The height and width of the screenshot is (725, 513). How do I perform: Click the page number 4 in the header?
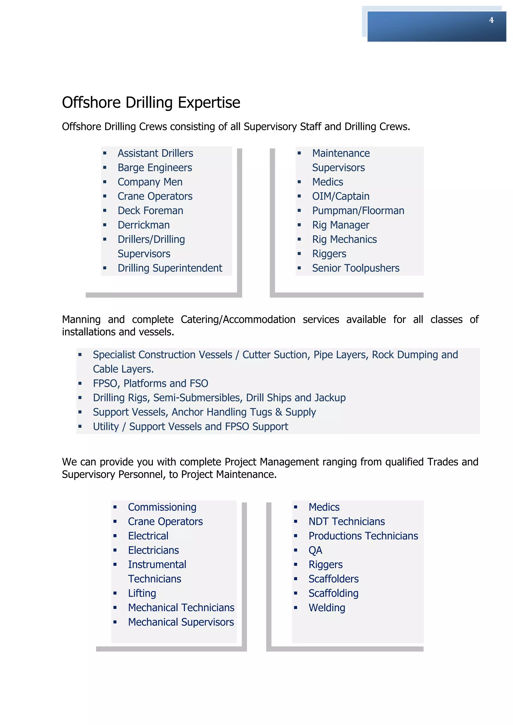[x=491, y=20]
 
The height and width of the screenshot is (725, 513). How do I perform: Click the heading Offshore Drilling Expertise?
[x=151, y=103]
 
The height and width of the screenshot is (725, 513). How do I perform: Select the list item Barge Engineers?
[x=155, y=168]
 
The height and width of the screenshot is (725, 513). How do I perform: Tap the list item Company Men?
[x=150, y=182]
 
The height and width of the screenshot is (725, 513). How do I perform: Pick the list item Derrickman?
[x=144, y=225]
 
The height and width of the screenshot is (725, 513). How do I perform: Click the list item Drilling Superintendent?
[x=170, y=268]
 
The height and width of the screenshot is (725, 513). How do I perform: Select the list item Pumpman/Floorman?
[x=358, y=211]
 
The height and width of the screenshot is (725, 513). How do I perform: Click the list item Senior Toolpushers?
[x=356, y=268]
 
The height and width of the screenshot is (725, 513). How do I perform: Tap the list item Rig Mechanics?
[x=344, y=239]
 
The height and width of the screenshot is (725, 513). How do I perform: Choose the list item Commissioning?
[x=162, y=507]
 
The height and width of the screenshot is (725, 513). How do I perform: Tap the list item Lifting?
[x=142, y=593]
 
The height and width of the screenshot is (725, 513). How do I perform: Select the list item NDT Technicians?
[x=346, y=522]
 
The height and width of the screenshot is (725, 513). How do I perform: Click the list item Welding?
[x=327, y=608]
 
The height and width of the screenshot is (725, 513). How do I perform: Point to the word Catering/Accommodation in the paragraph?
[x=238, y=319]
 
